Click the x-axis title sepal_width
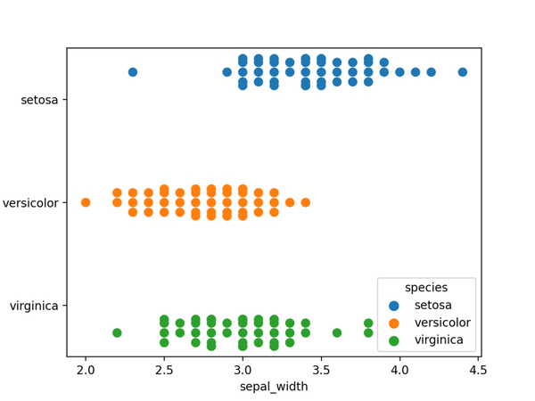[x=274, y=387]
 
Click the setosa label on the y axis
[x=39, y=100]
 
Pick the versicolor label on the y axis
[x=31, y=203]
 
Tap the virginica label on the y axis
[x=34, y=307]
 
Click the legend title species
[x=426, y=288]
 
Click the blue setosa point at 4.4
[x=463, y=72]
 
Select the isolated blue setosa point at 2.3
[x=133, y=72]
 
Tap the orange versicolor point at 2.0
[x=86, y=202]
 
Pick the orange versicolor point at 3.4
[x=306, y=202]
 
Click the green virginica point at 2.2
[x=117, y=332]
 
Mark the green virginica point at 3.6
[x=337, y=332]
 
